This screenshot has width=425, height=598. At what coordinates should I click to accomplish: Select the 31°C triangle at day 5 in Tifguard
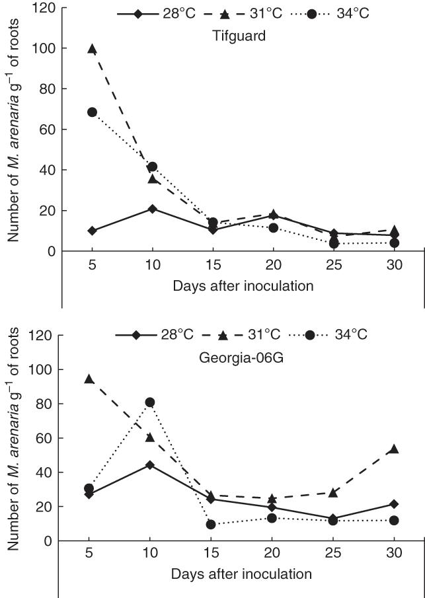pos(92,49)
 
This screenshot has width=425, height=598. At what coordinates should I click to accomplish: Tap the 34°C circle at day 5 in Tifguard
pos(92,112)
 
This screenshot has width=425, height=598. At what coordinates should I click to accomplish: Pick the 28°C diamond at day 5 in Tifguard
pos(92,231)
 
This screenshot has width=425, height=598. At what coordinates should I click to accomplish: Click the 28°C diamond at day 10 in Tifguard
pos(153,209)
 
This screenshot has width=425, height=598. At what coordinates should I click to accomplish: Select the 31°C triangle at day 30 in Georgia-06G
pos(395,449)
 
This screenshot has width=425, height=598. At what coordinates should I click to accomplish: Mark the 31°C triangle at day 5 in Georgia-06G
pos(89,379)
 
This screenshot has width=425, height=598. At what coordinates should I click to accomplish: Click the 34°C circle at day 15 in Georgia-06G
pos(211,524)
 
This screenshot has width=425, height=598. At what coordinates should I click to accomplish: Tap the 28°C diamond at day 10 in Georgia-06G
pos(150,465)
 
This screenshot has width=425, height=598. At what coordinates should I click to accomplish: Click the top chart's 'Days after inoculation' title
pos(243,287)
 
